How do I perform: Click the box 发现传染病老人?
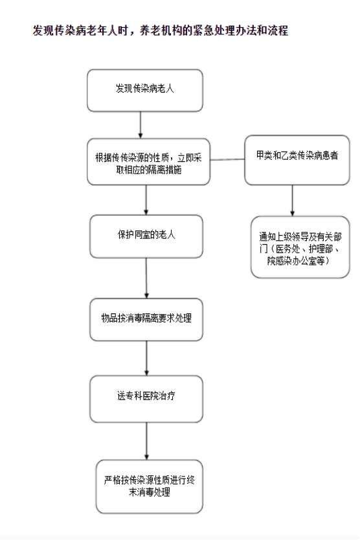point(144,91)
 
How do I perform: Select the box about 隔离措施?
point(148,162)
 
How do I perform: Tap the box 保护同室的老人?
point(146,236)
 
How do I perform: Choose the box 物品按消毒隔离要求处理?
point(146,320)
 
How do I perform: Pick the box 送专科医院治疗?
point(146,399)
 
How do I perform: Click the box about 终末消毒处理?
point(149,487)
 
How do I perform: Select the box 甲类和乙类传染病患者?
point(297,160)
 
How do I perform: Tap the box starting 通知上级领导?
point(300,247)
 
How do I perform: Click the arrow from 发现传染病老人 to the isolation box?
point(141,125)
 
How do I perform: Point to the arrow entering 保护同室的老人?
point(146,200)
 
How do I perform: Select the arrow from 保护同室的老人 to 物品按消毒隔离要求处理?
point(146,278)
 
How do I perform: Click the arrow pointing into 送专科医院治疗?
point(146,358)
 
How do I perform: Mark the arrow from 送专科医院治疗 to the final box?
point(146,441)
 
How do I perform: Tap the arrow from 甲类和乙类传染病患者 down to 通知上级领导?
point(293,201)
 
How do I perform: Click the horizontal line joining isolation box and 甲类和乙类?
point(227,160)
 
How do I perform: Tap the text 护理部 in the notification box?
point(321,249)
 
